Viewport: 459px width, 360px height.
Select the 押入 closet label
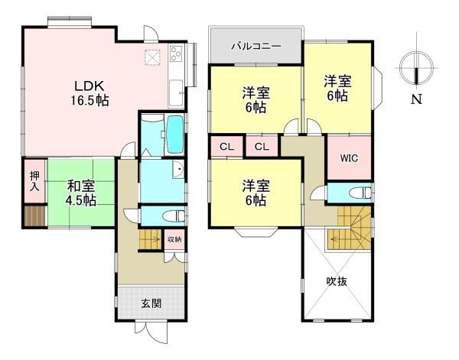tap(34, 180)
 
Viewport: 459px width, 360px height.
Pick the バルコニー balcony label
tap(256, 47)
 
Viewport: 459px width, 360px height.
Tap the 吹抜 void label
tap(337, 281)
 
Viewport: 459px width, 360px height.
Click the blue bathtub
tap(174, 135)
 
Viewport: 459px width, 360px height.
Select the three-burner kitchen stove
tap(176, 55)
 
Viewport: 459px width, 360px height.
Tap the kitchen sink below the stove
tap(177, 90)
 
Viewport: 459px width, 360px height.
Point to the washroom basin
tap(176, 170)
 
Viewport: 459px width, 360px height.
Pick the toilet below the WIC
tap(362, 193)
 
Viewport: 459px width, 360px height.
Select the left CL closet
tap(227, 146)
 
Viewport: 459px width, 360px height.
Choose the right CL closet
tap(262, 146)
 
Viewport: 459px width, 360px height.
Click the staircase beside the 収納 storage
tap(151, 241)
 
